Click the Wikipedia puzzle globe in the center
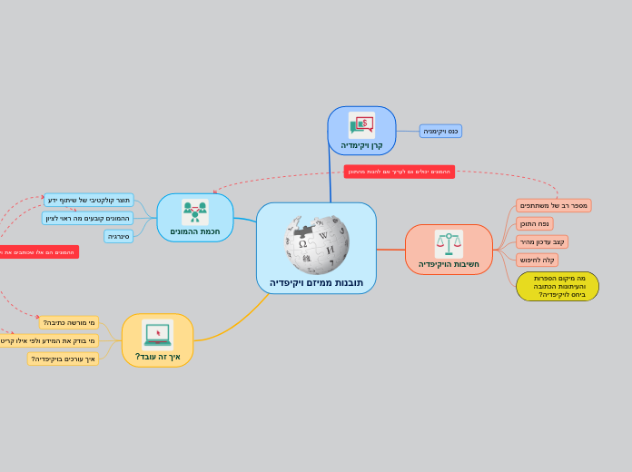(x=316, y=243)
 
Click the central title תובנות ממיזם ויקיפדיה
(x=316, y=283)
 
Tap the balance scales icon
(x=449, y=242)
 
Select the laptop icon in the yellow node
(x=158, y=334)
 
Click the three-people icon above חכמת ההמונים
(x=195, y=212)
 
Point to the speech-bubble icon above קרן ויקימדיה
(x=361, y=125)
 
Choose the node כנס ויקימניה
(x=440, y=131)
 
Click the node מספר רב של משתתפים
(x=554, y=206)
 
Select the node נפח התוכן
(x=535, y=224)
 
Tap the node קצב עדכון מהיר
(x=542, y=242)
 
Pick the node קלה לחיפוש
(x=537, y=260)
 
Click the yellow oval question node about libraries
(x=558, y=286)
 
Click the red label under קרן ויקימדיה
(x=399, y=172)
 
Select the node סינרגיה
(x=119, y=236)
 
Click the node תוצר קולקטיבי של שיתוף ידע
(x=89, y=200)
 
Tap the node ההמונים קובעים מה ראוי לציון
(x=88, y=218)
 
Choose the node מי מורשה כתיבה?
(x=69, y=322)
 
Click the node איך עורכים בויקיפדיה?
(x=63, y=359)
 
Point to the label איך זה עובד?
(x=158, y=357)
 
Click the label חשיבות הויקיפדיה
(x=449, y=264)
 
